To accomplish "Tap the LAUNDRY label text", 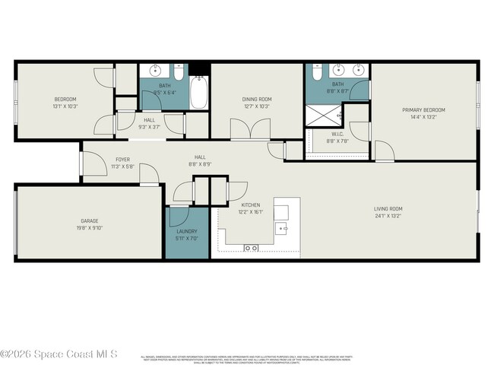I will [x=187, y=231].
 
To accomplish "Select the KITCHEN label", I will [x=251, y=205].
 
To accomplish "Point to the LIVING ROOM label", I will [x=388, y=209].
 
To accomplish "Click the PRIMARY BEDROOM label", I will [x=423, y=110].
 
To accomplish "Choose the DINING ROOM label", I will [x=257, y=100].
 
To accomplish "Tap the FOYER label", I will [x=122, y=160].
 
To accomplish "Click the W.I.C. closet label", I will [x=337, y=135].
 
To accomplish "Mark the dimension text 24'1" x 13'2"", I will [x=388, y=216].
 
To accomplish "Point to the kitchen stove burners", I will [x=252, y=248].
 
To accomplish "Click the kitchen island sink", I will [x=282, y=227].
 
